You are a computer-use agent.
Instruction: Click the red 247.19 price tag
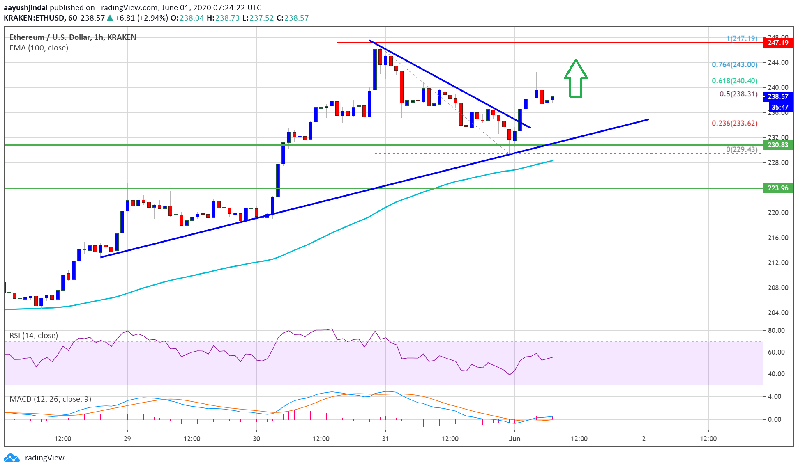pos(778,43)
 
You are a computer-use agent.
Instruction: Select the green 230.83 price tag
pos(778,145)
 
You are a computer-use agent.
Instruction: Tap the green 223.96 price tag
pos(778,188)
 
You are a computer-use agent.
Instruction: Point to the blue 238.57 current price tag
pos(778,96)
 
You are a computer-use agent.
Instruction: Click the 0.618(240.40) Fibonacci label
pos(734,81)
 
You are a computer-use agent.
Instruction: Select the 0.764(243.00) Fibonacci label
pos(734,65)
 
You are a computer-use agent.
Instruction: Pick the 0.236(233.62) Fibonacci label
pos(734,124)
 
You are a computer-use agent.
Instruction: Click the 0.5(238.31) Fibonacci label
pos(738,94)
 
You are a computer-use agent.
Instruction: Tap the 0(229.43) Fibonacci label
pos(741,149)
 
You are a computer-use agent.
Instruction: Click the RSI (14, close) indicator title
pos(34,336)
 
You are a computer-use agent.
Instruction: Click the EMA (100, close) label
pos(39,48)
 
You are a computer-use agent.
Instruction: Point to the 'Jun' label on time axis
pos(514,439)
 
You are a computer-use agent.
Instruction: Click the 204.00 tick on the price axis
pos(778,313)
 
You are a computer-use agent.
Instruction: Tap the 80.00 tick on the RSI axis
pos(776,330)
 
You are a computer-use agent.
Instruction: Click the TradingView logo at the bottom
pos(35,458)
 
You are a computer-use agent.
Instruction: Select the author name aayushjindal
pos(25,7)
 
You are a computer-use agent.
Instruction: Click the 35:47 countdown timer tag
pos(780,107)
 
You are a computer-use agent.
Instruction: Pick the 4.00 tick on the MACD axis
pos(775,396)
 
